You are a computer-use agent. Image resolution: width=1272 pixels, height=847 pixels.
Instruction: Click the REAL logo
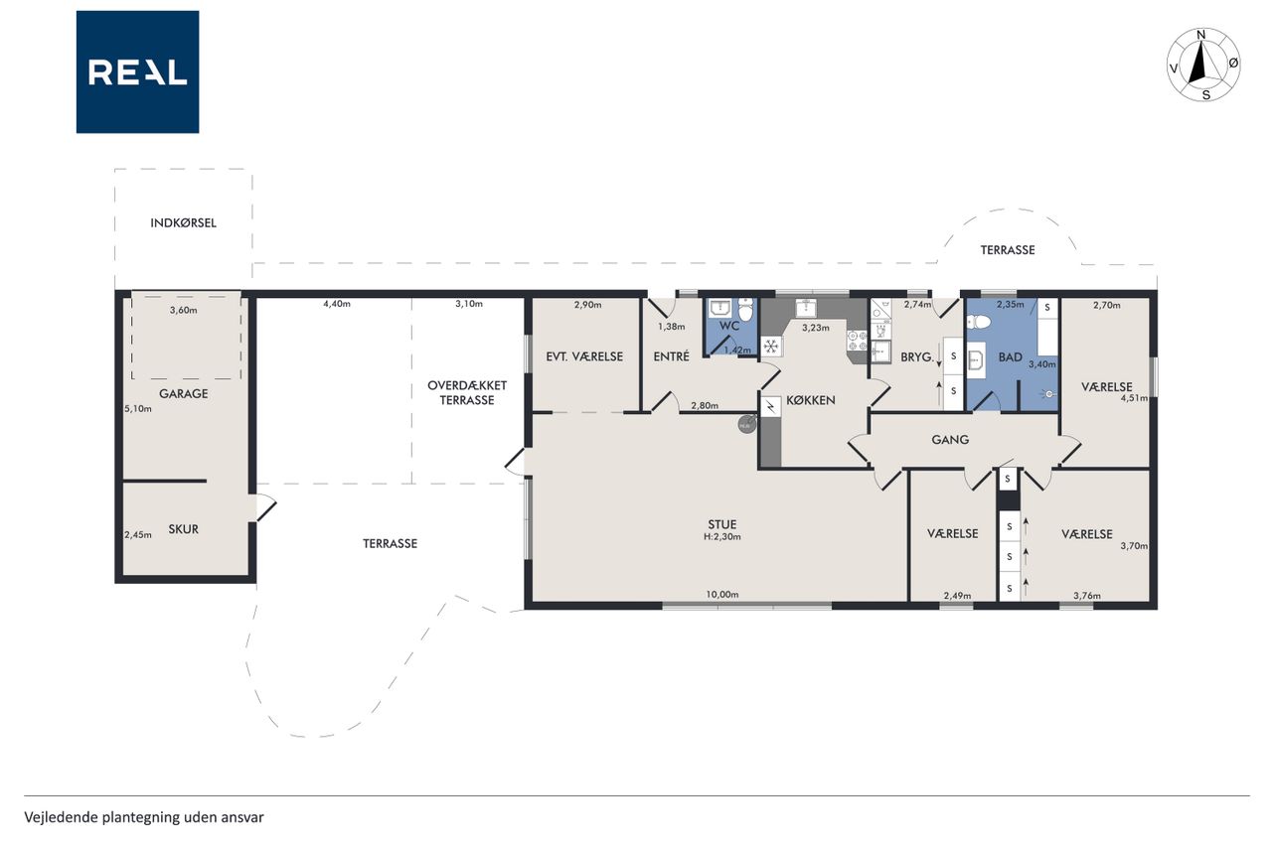[137, 72]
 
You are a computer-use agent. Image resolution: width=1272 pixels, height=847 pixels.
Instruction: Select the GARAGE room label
[184, 394]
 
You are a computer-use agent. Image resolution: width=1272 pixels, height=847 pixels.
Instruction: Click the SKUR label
[184, 529]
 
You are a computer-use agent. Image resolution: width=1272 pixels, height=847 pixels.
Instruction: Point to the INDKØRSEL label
[184, 223]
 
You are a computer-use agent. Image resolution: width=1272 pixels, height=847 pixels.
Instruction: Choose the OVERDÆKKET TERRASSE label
[467, 392]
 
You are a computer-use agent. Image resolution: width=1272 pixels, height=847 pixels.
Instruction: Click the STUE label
[722, 524]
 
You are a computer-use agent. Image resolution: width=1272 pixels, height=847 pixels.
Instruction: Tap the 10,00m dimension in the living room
[722, 595]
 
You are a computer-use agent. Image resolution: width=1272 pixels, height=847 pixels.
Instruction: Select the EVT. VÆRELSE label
[584, 356]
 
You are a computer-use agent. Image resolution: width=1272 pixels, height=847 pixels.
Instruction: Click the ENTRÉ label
[671, 356]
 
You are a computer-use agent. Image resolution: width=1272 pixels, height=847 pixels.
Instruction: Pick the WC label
[729, 326]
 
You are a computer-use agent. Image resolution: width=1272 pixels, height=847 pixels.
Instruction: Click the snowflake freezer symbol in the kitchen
[770, 346]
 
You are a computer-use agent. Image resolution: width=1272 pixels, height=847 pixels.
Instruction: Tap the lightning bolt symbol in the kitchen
[770, 406]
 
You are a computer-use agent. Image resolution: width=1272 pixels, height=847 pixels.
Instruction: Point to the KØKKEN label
[810, 400]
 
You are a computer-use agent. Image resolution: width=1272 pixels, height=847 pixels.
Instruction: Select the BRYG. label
[917, 357]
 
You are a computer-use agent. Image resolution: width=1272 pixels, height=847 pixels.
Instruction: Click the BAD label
[1011, 357]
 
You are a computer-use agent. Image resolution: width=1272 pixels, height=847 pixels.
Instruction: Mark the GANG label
[950, 440]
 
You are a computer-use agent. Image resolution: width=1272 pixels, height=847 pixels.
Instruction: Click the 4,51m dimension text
[1134, 398]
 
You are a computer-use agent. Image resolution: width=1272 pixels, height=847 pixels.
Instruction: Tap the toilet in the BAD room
[979, 323]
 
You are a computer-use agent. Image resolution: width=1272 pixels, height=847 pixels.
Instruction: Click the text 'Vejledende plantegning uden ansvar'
[144, 817]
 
